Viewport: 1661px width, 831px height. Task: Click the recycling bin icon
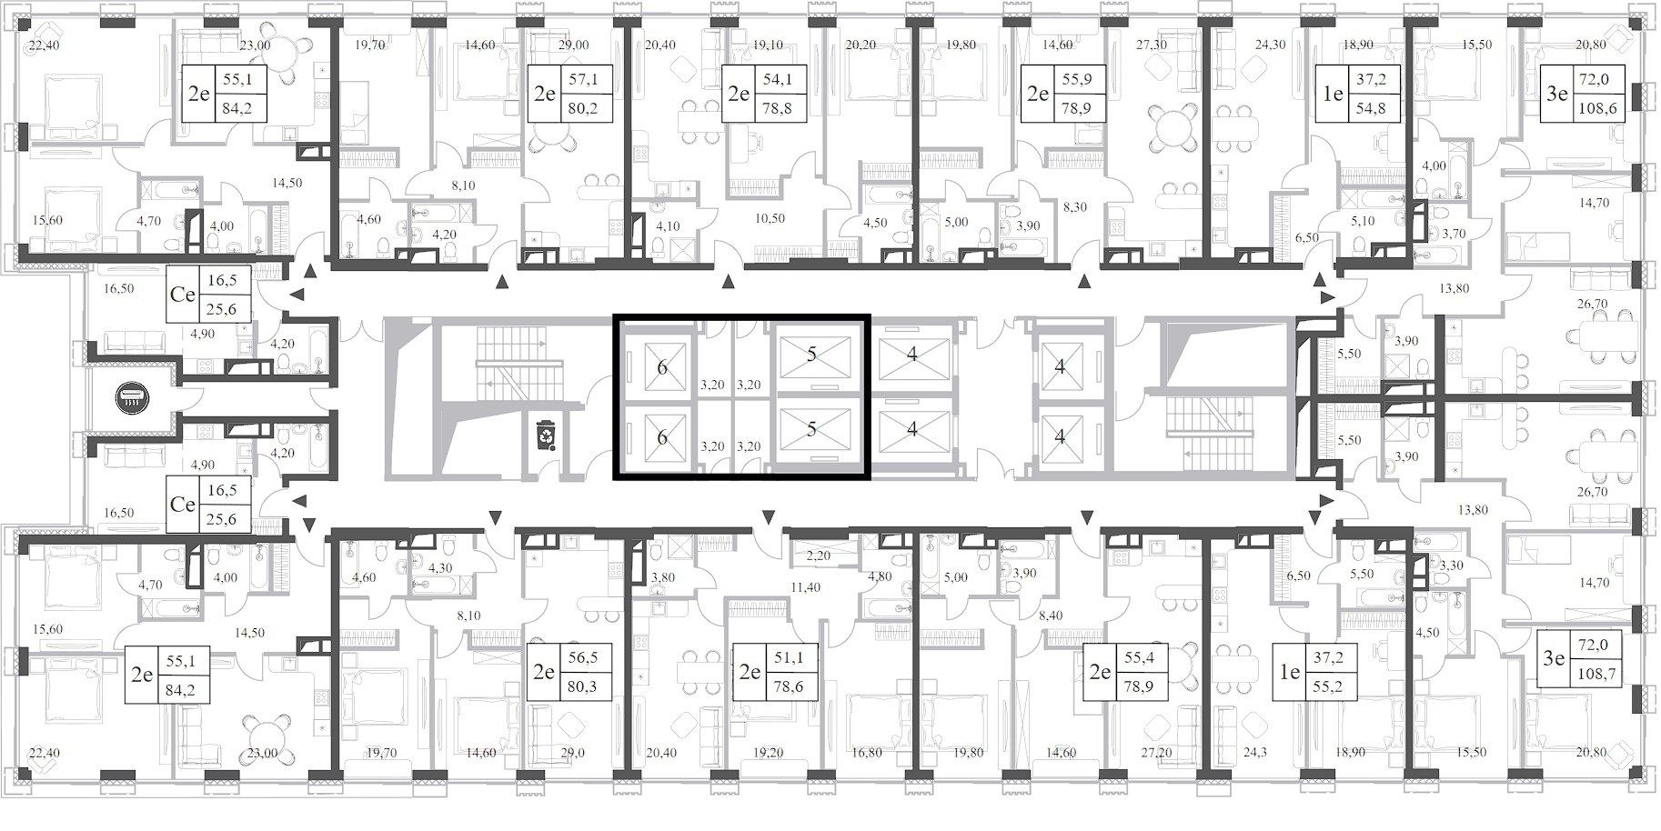pyautogui.click(x=545, y=435)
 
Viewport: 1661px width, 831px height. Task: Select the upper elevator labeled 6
pyautogui.click(x=661, y=367)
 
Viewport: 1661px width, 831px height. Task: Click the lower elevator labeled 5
pyautogui.click(x=811, y=429)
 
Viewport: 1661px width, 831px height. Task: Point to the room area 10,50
pyautogui.click(x=770, y=219)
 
